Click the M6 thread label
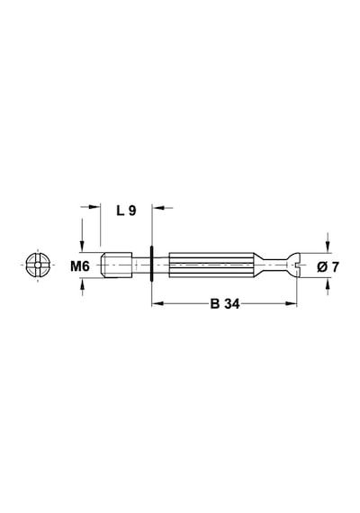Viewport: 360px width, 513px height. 80,266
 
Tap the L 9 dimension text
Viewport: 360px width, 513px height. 126,211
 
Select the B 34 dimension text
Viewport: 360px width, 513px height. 225,304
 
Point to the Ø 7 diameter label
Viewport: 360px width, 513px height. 328,267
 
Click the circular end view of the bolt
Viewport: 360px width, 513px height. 38,265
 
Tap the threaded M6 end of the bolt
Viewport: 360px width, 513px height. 116,265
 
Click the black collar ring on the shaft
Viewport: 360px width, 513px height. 151,264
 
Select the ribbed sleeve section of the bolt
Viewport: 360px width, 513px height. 211,265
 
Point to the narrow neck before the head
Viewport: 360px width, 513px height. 274,265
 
